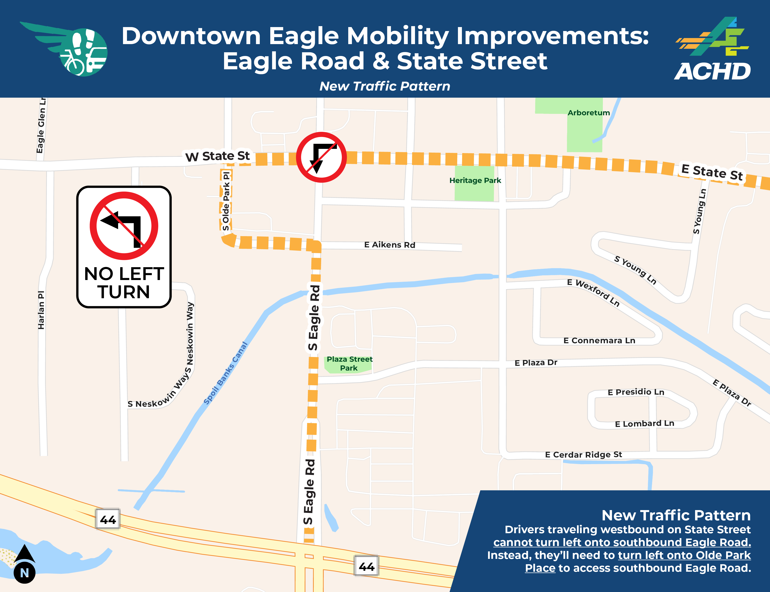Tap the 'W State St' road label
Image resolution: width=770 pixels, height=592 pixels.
pos(218,156)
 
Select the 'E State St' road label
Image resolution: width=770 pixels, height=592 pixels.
pos(712,172)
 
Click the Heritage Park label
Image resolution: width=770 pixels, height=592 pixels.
pos(475,180)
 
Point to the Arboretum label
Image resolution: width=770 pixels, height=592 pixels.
pos(588,113)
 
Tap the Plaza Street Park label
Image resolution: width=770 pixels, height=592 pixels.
pos(349,364)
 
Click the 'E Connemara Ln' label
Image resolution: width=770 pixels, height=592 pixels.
pos(599,340)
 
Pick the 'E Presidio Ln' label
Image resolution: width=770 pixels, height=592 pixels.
pos(636,392)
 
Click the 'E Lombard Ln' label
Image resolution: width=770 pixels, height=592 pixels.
pos(644,424)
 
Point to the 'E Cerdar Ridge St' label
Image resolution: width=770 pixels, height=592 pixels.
pos(583,455)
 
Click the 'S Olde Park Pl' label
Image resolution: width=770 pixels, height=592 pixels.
pos(226,201)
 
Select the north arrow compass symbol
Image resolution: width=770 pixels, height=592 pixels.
pos(24,564)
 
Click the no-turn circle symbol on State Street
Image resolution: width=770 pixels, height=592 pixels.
pos(321,157)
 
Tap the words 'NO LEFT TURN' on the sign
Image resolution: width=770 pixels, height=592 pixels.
pos(124,283)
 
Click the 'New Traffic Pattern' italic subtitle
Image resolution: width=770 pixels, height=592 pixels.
pos(385,86)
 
